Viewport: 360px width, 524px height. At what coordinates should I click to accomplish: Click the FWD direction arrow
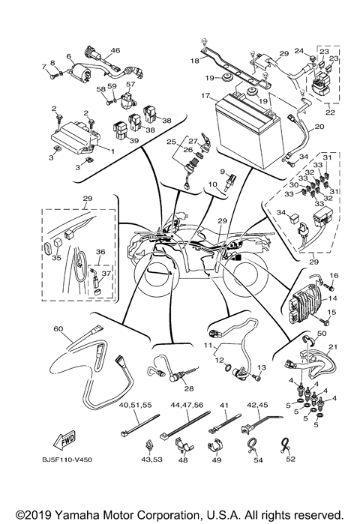pyautogui.click(x=64, y=441)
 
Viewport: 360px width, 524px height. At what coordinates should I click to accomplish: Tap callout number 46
pyautogui.click(x=115, y=50)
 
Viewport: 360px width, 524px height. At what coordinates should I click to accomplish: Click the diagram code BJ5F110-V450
pyautogui.click(x=67, y=460)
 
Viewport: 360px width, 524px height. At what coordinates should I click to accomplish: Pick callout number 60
pyautogui.click(x=58, y=329)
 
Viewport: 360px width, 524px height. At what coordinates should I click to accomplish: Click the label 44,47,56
pyautogui.click(x=187, y=405)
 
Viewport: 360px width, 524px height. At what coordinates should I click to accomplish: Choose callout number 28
pyautogui.click(x=189, y=388)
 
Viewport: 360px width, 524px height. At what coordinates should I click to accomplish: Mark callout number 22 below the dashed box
pyautogui.click(x=330, y=112)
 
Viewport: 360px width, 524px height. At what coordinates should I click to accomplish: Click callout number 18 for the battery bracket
pyautogui.click(x=195, y=61)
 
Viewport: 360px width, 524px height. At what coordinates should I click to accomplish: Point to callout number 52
pyautogui.click(x=291, y=459)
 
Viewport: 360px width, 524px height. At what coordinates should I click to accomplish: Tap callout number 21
pyautogui.click(x=332, y=347)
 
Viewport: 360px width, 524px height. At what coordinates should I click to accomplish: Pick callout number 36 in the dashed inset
pyautogui.click(x=100, y=252)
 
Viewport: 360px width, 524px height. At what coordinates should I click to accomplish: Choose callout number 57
pyautogui.click(x=130, y=84)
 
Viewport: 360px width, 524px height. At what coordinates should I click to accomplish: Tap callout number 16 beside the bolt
pyautogui.click(x=334, y=275)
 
